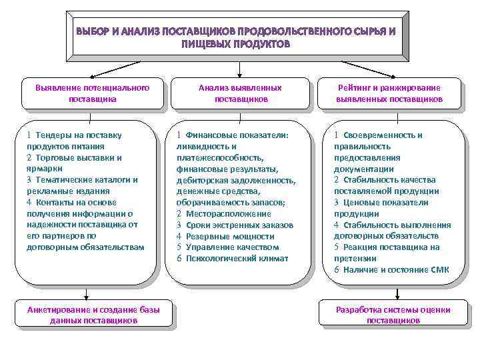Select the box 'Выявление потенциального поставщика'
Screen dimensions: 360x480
91,93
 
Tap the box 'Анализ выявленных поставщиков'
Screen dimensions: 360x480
240,93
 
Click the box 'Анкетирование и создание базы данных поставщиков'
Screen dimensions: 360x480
91,315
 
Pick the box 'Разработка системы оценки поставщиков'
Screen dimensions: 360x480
393,315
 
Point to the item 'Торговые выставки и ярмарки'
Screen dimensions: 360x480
74,163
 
